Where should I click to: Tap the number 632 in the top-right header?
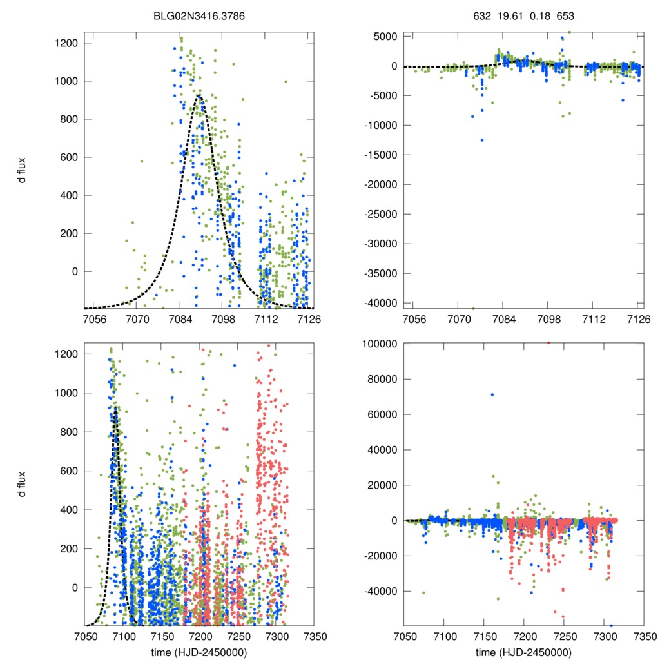481,15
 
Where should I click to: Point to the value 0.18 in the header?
538,15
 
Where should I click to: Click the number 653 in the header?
565,15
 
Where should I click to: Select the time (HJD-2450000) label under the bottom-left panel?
199,652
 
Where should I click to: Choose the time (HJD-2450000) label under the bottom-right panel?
523,652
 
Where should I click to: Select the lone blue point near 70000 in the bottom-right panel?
492,394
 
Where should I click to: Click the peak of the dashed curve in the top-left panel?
199,96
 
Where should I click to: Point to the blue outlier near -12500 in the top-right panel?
481,140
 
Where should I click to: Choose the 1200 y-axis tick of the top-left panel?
66,43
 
